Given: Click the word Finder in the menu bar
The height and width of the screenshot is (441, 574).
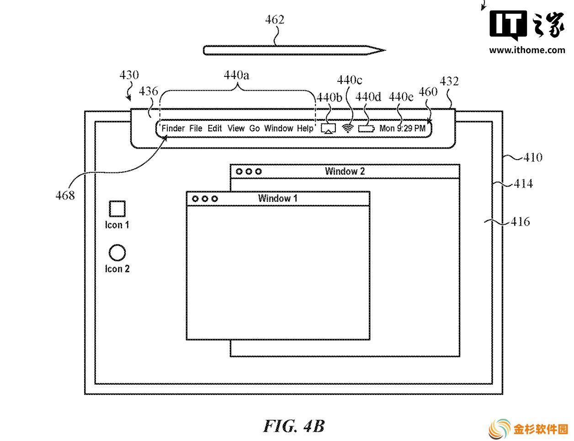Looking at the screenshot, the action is (173, 129).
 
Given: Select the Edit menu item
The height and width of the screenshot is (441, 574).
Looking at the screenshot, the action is (214, 129).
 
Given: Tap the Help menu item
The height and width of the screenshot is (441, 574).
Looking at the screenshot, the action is (305, 129).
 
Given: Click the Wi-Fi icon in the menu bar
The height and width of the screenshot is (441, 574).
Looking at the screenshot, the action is (348, 129).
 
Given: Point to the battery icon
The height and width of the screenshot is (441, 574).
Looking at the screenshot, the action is (367, 129).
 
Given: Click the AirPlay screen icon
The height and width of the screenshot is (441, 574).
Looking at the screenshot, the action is (328, 129).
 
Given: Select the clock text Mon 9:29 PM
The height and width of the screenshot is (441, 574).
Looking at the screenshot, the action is (402, 129).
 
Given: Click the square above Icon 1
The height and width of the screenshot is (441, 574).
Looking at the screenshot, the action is (117, 209).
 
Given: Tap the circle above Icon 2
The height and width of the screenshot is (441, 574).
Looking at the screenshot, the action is (117, 253).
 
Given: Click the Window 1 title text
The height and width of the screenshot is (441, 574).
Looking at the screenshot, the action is (277, 198).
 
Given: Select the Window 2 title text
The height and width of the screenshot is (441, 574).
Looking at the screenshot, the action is (345, 172).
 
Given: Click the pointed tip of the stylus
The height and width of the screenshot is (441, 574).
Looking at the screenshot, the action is (385, 50).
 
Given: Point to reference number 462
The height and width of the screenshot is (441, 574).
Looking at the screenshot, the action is (275, 20).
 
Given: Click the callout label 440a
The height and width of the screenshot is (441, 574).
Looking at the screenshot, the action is (236, 75).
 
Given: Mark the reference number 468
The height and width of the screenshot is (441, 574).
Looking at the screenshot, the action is (65, 196).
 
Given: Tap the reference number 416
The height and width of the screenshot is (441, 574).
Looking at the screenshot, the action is (520, 221).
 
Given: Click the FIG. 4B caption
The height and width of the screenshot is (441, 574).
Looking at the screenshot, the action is (294, 426).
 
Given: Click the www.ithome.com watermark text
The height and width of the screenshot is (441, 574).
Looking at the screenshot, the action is (527, 50).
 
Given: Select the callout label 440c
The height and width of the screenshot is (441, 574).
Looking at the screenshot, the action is (350, 80).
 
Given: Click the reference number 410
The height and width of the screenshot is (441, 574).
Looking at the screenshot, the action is (533, 157).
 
